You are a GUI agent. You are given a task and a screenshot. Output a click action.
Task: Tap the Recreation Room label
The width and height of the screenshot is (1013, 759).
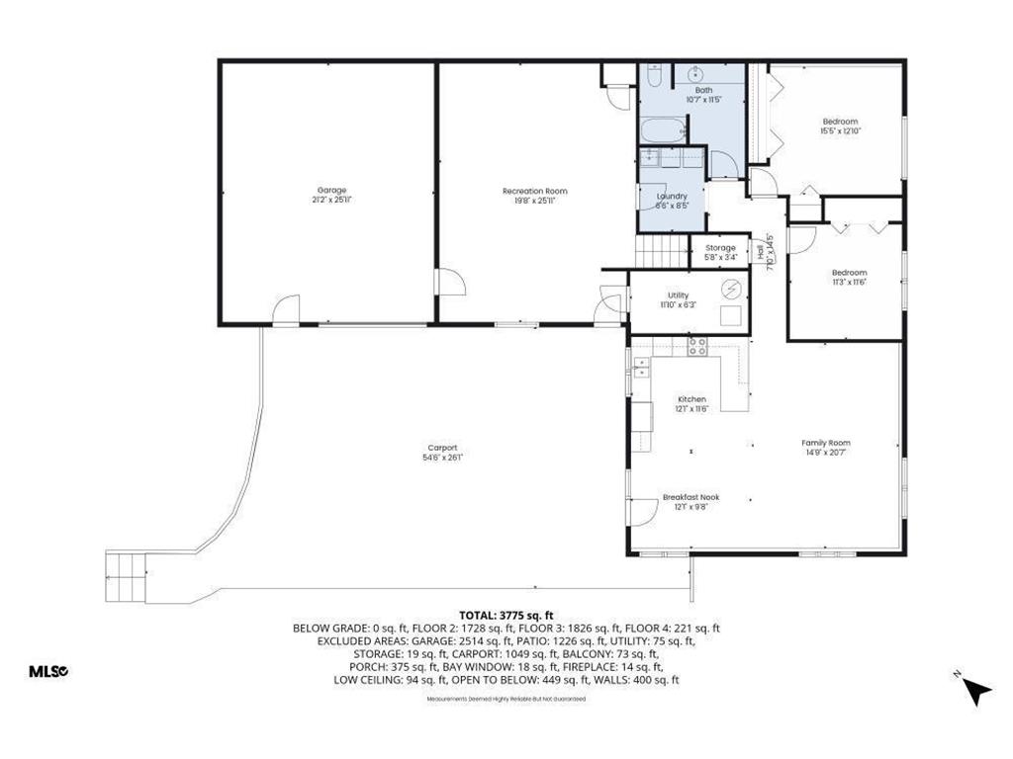coord(535,191)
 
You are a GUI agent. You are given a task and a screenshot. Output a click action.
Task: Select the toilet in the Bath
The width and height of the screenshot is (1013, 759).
coord(654,76)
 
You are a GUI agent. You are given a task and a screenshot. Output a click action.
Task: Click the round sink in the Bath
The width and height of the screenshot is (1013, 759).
coord(695,75)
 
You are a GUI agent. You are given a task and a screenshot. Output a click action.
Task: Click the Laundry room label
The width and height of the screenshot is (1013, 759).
coord(672,196)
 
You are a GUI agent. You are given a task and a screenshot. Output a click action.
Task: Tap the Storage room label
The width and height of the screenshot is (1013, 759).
coord(720,248)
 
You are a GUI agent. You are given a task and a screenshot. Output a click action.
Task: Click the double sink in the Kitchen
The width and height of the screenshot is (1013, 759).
coord(640,368)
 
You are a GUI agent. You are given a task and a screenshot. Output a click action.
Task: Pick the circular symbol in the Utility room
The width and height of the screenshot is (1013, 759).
coord(730,289)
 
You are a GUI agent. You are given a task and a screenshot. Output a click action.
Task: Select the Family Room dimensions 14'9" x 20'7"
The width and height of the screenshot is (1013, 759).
coord(826,453)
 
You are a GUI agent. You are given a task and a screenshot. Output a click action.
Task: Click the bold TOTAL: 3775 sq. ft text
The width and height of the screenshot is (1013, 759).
coord(506,614)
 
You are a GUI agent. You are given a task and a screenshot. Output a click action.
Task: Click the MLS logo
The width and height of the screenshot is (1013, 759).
coord(48,671)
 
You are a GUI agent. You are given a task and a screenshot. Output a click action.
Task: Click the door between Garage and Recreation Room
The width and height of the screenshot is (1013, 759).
coord(450,282)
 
